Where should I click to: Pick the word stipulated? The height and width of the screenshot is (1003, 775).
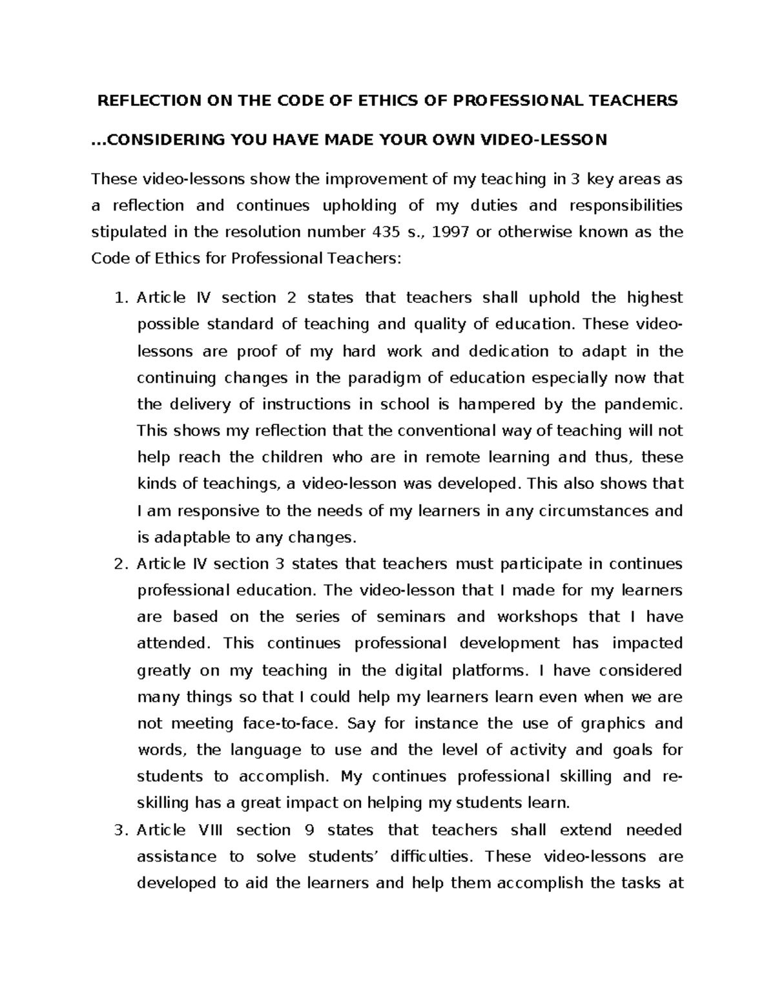click(128, 232)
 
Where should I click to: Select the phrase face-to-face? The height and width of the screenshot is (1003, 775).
click(285, 723)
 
